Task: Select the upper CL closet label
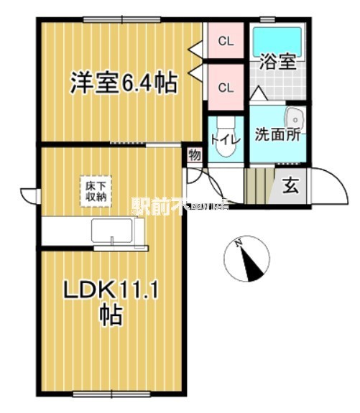(225, 41)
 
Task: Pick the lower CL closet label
(225, 88)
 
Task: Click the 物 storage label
(195, 154)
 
